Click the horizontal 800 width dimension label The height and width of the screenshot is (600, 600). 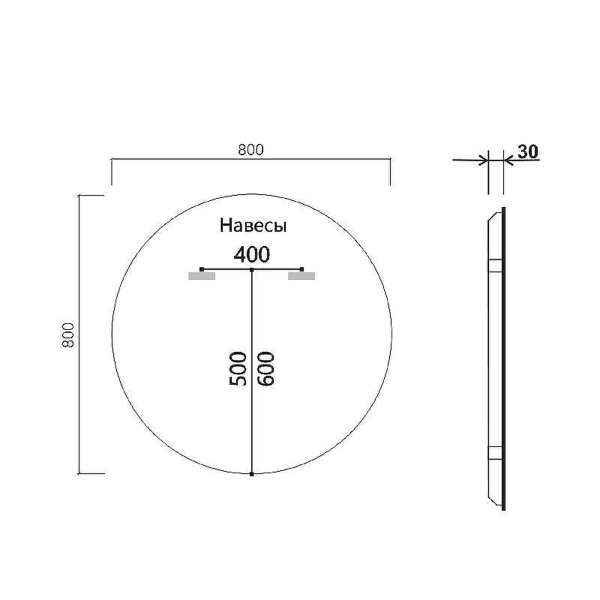(250, 149)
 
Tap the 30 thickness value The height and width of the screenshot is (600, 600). (528, 151)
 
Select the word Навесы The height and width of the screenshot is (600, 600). (253, 225)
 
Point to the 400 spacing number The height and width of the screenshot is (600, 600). (251, 254)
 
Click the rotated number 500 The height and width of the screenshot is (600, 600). (238, 368)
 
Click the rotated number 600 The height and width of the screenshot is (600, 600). (265, 368)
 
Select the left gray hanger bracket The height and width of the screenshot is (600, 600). (202, 276)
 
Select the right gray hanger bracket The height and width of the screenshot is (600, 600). (301, 276)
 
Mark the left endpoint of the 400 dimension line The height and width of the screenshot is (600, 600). (202, 268)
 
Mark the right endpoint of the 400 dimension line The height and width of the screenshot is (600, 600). (302, 268)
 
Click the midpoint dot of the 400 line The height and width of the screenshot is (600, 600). (252, 268)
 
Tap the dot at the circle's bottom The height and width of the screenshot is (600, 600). (252, 474)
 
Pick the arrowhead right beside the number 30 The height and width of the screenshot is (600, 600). (508, 159)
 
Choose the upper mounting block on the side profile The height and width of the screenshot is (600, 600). (495, 265)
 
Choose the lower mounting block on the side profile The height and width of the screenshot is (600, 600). (495, 452)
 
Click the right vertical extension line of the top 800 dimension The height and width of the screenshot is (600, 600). (390, 172)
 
